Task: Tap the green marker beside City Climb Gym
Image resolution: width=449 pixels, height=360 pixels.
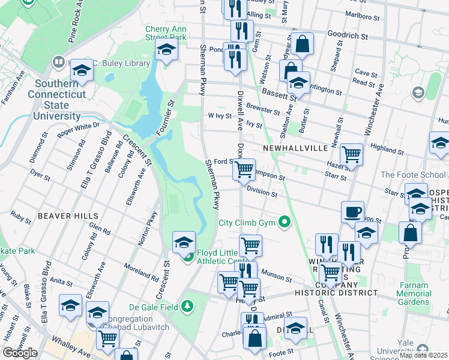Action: [285, 223]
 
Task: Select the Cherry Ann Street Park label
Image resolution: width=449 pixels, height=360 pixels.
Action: [166, 33]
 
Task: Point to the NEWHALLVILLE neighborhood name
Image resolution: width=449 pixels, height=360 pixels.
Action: [295, 148]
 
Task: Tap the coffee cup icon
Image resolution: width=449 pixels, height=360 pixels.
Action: [352, 212]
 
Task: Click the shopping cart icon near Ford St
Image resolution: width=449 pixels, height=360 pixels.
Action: [244, 170]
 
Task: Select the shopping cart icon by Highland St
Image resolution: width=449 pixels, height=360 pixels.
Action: [351, 155]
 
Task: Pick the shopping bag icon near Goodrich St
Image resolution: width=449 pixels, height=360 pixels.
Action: [304, 43]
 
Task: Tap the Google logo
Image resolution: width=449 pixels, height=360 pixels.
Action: [20, 353]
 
